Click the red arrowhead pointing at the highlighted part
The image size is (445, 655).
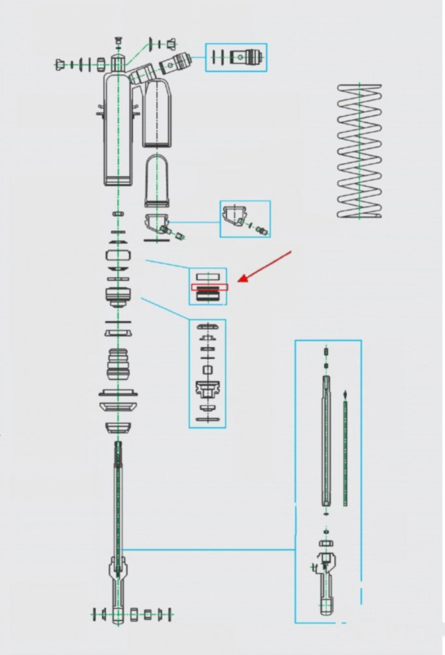(241, 279)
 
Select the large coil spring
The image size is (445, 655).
(359, 151)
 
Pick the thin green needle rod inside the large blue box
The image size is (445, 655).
(345, 452)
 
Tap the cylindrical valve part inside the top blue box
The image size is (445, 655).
(248, 57)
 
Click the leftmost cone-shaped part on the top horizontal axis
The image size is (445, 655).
(61, 64)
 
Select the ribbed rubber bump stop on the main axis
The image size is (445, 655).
(118, 363)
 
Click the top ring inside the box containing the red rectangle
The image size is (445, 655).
(209, 276)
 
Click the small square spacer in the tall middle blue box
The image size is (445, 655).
(207, 370)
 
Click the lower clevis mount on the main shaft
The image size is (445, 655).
(118, 570)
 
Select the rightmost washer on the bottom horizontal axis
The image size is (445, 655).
(171, 614)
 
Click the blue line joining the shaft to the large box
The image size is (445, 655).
(209, 550)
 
